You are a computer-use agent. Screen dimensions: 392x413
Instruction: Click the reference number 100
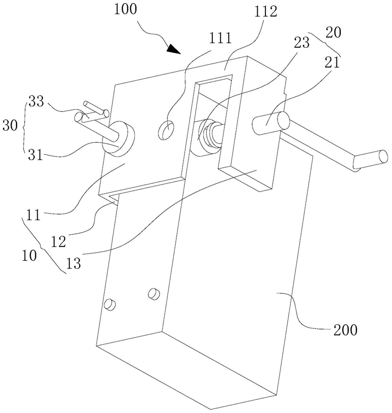point(126,9)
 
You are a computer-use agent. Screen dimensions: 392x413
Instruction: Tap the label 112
point(266,12)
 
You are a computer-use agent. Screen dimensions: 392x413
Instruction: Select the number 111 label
point(220,38)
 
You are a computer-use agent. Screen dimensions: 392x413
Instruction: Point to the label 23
point(301,43)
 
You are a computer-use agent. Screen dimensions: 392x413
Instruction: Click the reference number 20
point(333,33)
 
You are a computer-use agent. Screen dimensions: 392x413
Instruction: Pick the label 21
point(332,63)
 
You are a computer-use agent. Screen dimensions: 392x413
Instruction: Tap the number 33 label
point(36,101)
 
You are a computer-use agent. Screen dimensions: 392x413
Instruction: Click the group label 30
point(10,126)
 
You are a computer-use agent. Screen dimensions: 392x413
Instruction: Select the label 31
point(36,155)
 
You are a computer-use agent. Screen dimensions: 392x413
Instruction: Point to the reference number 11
point(33,214)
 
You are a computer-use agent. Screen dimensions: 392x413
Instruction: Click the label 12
point(58,241)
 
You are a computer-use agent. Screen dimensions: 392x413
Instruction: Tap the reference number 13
point(73,263)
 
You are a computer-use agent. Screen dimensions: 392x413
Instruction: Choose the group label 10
point(29,255)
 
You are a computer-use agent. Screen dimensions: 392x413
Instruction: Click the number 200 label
point(345,330)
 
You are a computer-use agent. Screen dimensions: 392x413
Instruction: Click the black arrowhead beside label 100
point(174,49)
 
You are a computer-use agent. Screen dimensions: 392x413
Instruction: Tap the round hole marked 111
point(166,130)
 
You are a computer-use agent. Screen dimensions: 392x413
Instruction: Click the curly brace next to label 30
point(24,126)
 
